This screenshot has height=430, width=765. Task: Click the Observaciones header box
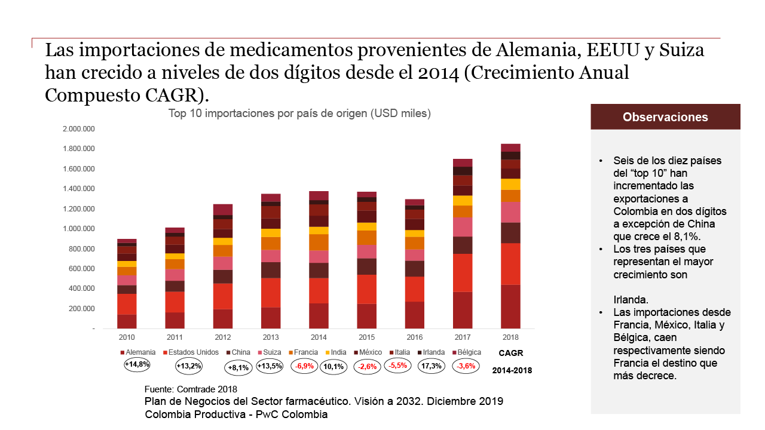pyautogui.click(x=665, y=117)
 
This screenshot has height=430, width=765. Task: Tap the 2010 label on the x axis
pyautogui.click(x=127, y=337)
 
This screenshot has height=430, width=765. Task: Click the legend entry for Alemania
pyautogui.click(x=138, y=352)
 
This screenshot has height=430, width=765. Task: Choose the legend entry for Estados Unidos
pyautogui.click(x=191, y=352)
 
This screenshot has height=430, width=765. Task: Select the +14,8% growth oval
pyautogui.click(x=137, y=364)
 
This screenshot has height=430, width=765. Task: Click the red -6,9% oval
pyautogui.click(x=305, y=367)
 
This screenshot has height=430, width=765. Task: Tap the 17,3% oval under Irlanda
pyautogui.click(x=430, y=366)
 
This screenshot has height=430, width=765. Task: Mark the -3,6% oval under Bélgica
pyautogui.click(x=466, y=366)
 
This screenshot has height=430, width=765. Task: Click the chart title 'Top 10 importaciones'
pyautogui.click(x=299, y=113)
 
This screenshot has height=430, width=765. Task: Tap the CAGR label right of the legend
pyautogui.click(x=510, y=352)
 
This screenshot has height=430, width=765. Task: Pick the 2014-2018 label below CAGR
pyautogui.click(x=512, y=370)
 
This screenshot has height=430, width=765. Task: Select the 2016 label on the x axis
pyautogui.click(x=414, y=337)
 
